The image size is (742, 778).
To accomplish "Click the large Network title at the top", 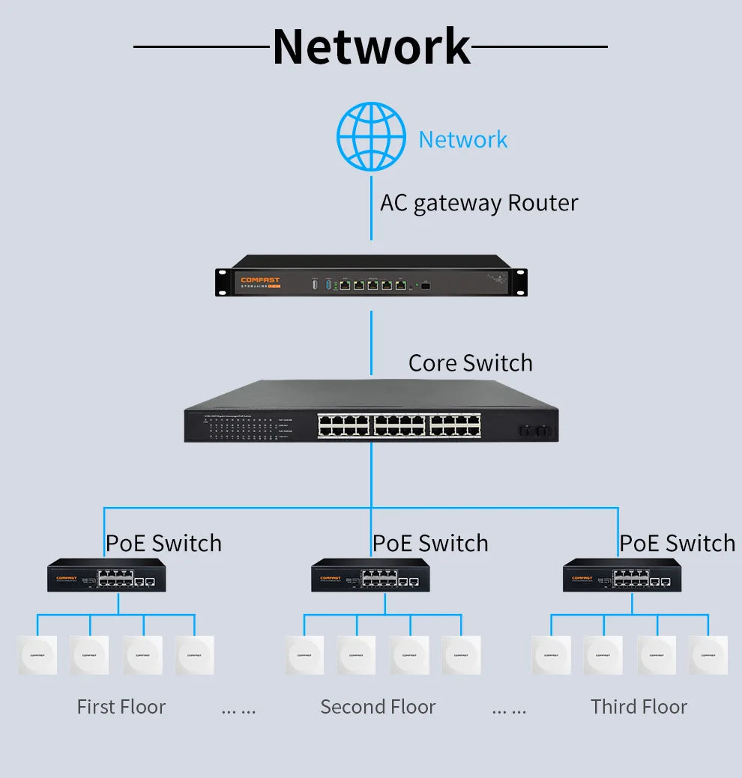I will (x=371, y=46).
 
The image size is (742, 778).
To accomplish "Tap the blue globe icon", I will (x=371, y=137).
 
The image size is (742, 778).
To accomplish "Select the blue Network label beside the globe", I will (x=462, y=139).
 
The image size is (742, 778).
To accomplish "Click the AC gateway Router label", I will (x=479, y=203).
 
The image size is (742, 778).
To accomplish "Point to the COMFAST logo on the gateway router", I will (x=259, y=280).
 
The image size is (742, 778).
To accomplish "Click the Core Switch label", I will (x=470, y=362).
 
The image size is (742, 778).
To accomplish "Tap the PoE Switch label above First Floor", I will (x=163, y=543).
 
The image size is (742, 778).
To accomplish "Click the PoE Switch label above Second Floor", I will (x=430, y=543).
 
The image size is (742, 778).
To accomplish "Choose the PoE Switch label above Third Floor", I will (x=677, y=543).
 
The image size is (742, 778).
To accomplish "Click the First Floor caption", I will (x=121, y=707).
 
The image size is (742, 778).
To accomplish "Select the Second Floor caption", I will (x=378, y=707).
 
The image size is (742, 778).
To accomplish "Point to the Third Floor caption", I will (x=639, y=707).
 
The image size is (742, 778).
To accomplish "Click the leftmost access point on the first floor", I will (x=37, y=655).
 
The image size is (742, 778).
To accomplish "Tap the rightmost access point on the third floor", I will (x=708, y=655).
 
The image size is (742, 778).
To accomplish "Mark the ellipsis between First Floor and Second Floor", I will (x=238, y=709).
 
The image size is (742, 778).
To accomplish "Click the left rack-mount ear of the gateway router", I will (x=222, y=282).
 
